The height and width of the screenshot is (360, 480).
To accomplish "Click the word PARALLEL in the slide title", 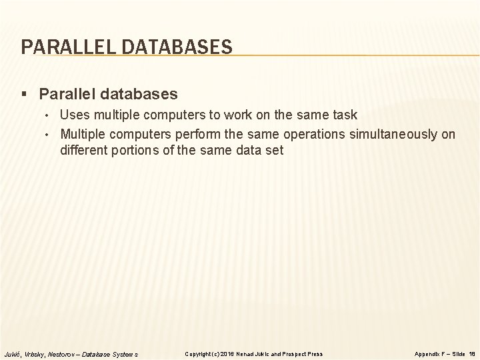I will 59,47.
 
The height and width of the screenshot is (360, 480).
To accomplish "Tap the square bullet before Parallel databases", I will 25,93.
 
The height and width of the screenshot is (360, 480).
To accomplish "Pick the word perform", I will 203,134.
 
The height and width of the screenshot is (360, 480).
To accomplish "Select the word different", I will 83,150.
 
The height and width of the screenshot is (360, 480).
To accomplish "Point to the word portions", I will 137,150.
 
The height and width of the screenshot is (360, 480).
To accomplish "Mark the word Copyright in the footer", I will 198,353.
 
